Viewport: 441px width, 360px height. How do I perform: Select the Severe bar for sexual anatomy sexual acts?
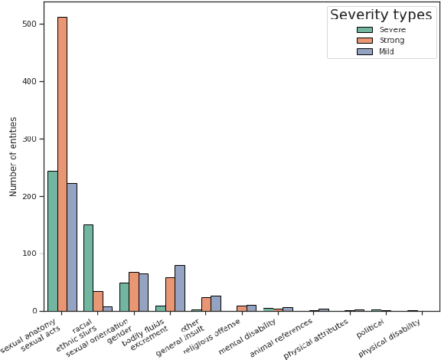pos(52,241)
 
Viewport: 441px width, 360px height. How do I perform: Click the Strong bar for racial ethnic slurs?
pos(98,301)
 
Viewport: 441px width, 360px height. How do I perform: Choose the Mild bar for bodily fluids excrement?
pos(180,288)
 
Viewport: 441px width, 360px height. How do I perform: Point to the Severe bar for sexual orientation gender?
pos(124,296)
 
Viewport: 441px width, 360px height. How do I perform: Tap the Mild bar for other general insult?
pos(216,303)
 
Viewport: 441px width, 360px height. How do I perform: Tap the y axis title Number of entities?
pos(14,156)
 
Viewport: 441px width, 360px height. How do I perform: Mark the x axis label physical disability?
pos(390,339)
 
